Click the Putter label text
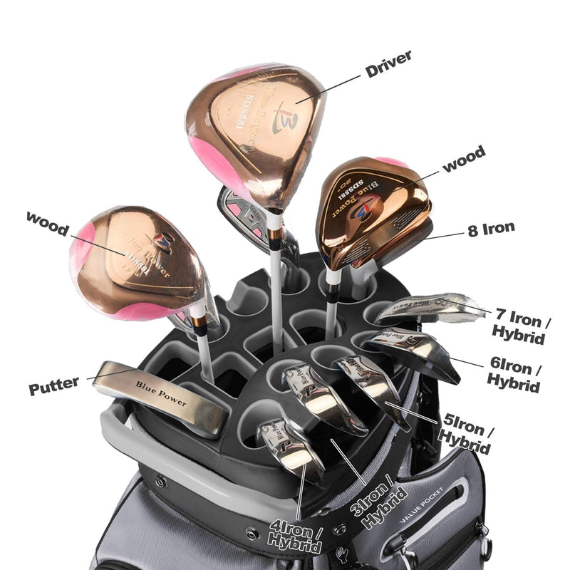point(54,387)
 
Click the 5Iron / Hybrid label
point(467,432)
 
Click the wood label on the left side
point(47,221)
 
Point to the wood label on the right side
point(464,158)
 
